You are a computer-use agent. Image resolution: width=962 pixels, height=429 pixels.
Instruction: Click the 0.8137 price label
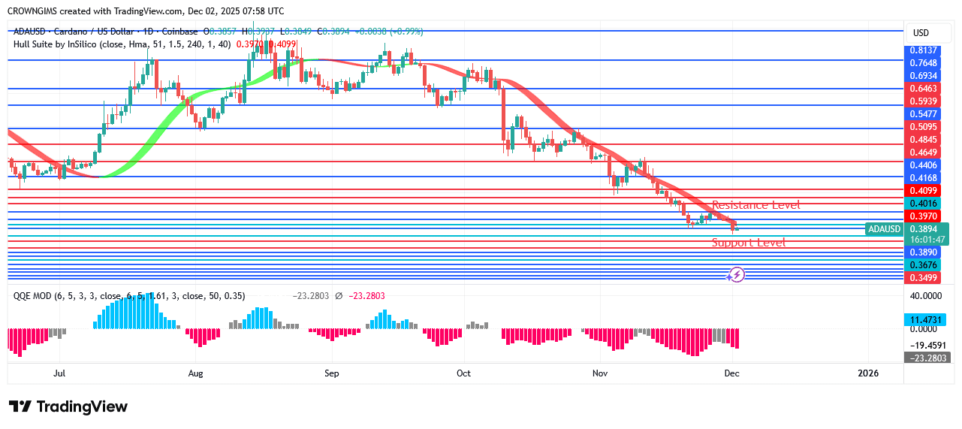point(923,50)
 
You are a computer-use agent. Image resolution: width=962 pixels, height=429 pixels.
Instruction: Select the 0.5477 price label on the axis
point(923,113)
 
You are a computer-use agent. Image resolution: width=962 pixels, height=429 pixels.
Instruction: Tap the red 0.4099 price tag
point(923,191)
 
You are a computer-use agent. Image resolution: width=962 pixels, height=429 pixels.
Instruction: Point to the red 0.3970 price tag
point(923,216)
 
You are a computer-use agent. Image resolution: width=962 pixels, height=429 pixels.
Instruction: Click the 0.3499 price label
point(923,278)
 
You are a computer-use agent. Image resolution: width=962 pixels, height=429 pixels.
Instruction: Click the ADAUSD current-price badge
point(883,229)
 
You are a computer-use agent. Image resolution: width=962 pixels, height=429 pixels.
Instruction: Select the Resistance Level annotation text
point(755,205)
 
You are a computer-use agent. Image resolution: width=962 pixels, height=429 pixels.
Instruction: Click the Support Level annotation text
point(749,243)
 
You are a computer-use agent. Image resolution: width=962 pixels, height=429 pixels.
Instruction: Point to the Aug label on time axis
point(195,373)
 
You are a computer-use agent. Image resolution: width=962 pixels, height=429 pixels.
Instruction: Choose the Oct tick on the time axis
point(463,373)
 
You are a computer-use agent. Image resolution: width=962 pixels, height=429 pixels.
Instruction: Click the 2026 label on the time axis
point(868,373)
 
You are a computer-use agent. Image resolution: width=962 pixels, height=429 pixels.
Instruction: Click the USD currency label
point(921,33)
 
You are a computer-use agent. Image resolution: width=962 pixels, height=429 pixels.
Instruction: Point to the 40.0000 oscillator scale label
point(926,296)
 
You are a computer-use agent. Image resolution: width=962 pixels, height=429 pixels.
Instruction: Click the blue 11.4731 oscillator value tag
point(926,320)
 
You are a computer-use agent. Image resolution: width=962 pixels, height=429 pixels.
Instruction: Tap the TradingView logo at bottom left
point(68,406)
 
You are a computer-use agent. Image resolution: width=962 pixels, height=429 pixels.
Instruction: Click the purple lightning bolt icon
point(737,275)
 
